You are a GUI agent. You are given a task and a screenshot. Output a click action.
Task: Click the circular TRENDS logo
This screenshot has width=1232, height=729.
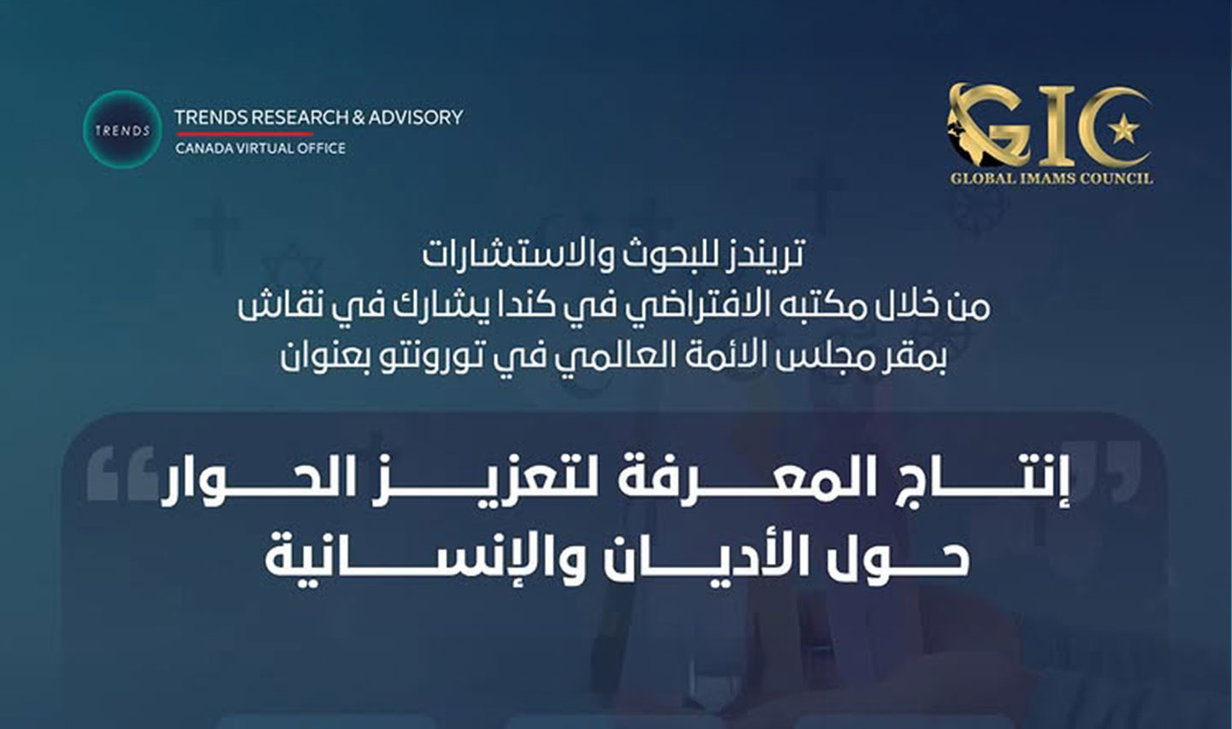[122, 130]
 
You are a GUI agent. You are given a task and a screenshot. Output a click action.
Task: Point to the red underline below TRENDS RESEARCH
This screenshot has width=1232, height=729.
[243, 133]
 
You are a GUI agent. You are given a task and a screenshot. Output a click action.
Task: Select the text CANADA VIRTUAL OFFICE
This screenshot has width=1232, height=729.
[261, 148]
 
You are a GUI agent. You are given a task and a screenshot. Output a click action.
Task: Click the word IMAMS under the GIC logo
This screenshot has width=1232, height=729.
[1051, 179]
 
